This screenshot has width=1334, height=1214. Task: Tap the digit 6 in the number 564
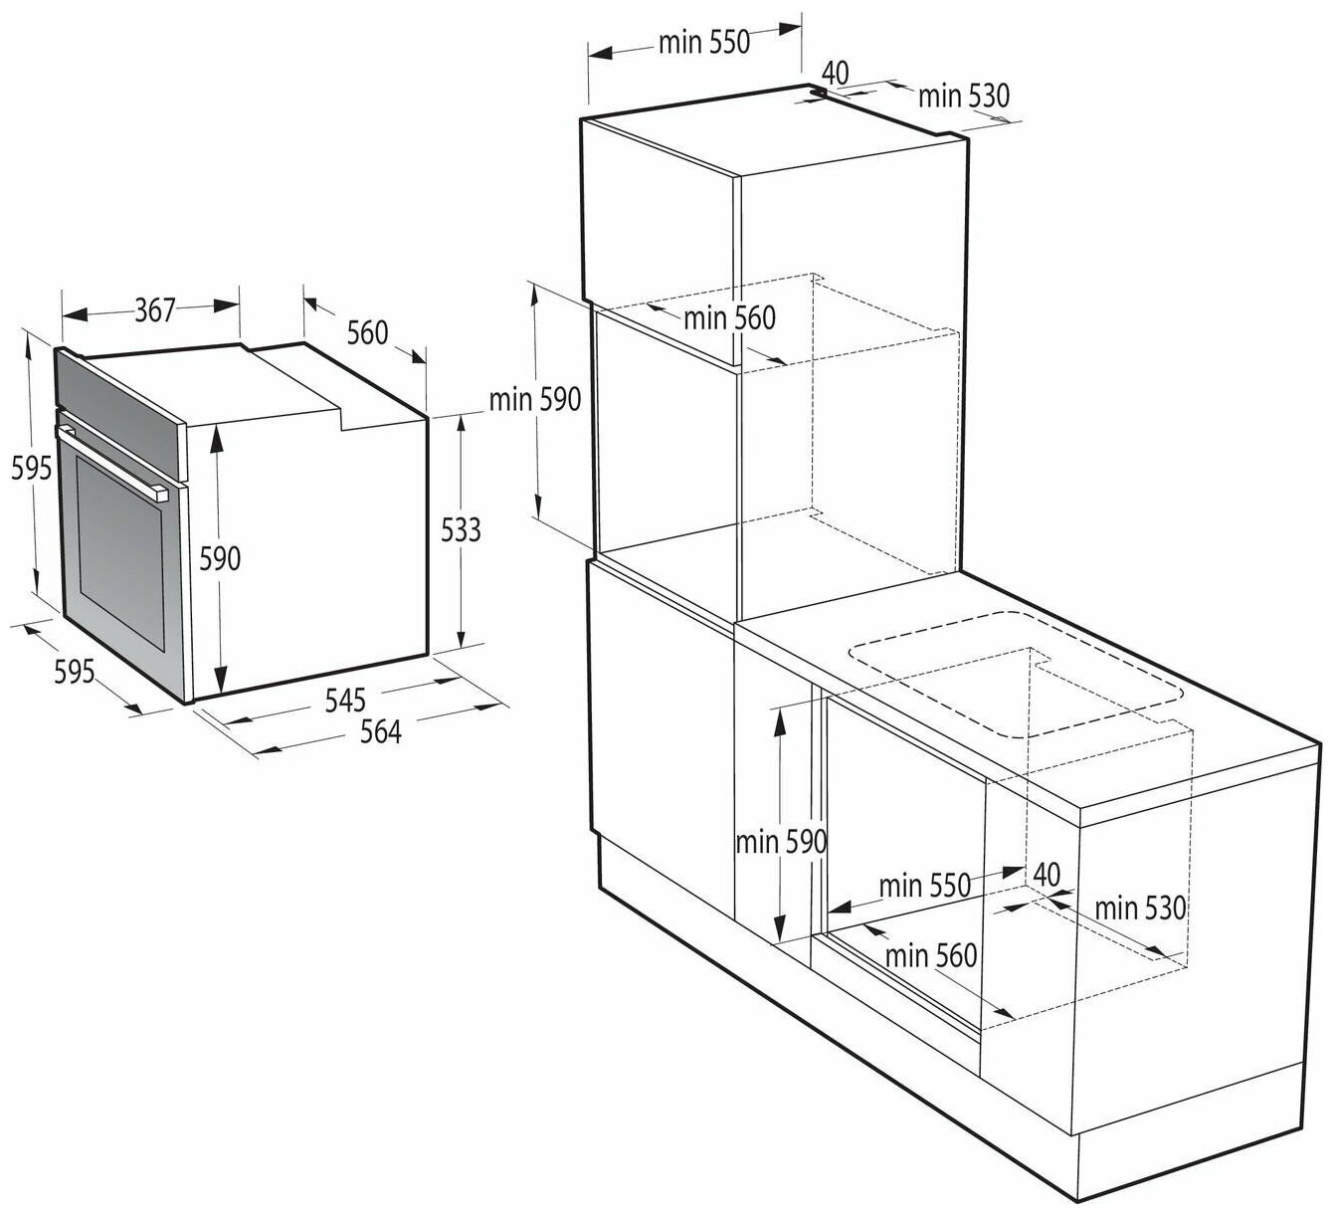381,732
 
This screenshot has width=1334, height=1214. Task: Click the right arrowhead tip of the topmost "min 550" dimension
801,28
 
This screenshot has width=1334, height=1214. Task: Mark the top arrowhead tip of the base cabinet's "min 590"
779,708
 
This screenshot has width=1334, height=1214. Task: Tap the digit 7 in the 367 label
168,310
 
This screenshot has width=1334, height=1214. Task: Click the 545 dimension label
345,700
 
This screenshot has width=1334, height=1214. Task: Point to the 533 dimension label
461,530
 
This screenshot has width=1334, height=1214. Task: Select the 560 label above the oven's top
367,332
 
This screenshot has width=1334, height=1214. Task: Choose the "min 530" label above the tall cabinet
964,97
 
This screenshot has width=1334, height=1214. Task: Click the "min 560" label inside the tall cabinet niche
729,318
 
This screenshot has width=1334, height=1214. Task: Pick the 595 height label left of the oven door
31,469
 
